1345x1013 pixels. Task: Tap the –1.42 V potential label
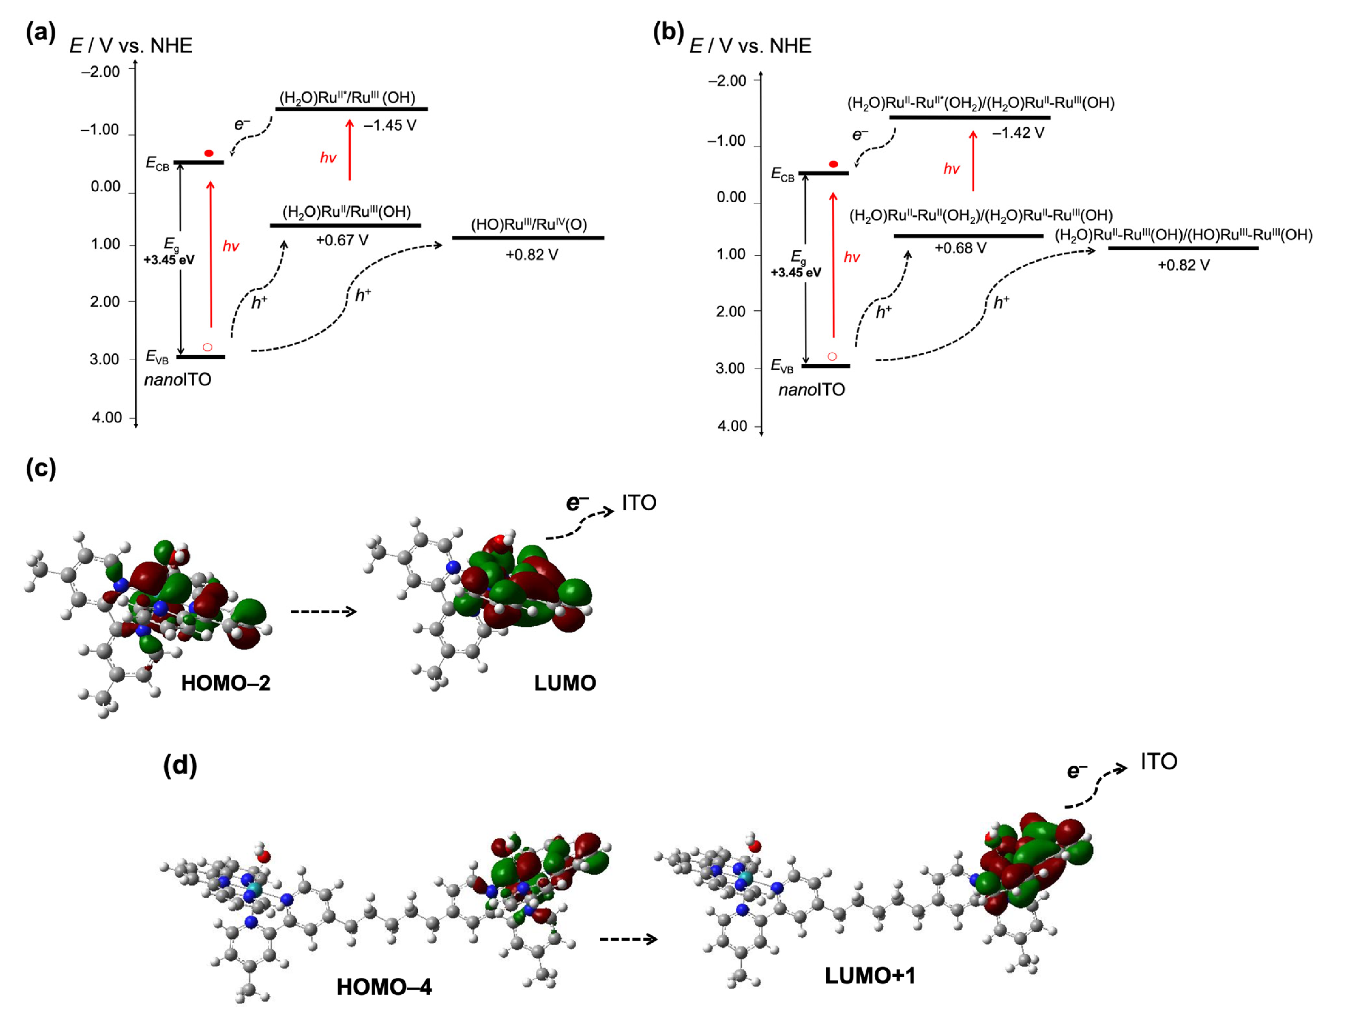point(1018,133)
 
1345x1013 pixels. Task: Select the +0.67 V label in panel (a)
point(342,240)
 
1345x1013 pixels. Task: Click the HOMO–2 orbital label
point(225,684)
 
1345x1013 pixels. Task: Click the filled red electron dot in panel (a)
point(209,153)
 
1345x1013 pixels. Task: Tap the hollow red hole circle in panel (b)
point(832,356)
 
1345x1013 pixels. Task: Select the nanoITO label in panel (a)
point(178,380)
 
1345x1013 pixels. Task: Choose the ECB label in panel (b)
point(782,175)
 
